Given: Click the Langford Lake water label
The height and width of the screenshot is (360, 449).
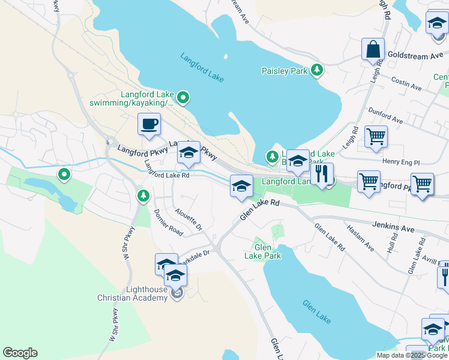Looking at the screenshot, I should pos(202,66).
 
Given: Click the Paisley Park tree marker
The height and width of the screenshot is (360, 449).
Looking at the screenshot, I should pos(317,71).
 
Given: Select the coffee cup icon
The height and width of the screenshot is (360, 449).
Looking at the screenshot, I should pos(149,124).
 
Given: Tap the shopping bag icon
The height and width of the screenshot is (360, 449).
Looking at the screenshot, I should pos(373,50).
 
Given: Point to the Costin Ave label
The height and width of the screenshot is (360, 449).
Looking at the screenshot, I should pos(408,83).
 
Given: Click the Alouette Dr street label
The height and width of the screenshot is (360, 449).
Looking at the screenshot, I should pos(188,220).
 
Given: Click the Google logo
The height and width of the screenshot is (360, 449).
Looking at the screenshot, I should pos(20,353).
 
